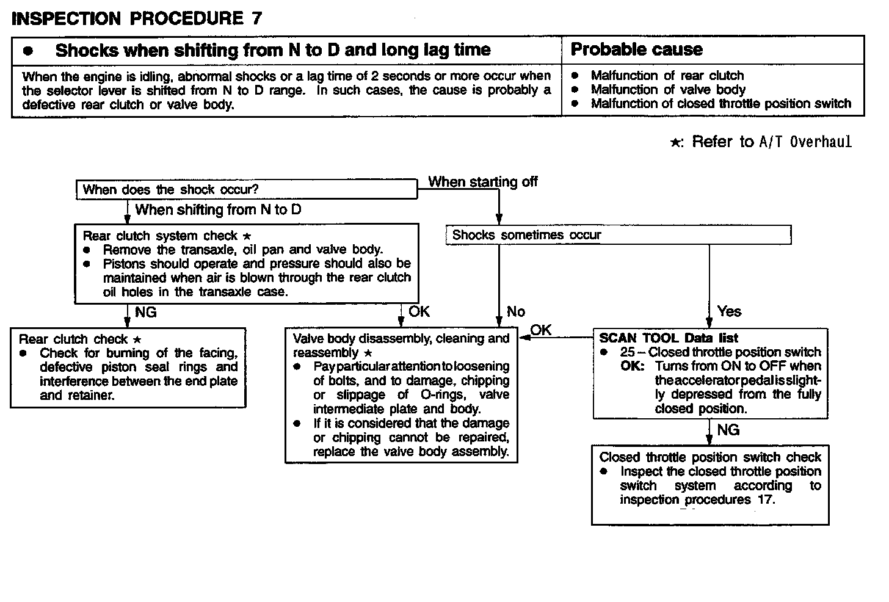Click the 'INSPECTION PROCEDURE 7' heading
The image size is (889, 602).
pos(137,18)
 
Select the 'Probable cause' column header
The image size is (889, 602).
pos(636,49)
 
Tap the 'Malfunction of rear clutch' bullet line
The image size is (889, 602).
pos(667,76)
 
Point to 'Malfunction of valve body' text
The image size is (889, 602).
pos(668,90)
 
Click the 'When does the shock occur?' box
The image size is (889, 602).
pos(170,190)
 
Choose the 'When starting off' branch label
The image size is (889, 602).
pos(482,182)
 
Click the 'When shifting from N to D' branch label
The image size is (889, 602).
pos(218,210)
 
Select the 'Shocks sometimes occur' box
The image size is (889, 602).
pos(526,235)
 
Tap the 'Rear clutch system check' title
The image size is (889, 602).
pos(160,236)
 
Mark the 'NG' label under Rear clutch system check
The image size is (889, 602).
pos(145,313)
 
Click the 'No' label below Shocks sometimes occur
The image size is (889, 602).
pos(515,312)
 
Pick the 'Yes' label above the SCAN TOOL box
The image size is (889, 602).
pos(729,311)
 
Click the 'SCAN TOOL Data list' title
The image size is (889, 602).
pos(669,338)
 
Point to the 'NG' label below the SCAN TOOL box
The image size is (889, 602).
pos(728,430)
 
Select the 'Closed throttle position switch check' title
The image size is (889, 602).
pos(710,457)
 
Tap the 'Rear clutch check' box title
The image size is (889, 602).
pos(73,339)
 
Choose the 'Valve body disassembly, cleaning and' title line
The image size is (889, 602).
pos(401,339)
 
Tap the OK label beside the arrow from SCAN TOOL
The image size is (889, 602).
pos(540,330)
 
